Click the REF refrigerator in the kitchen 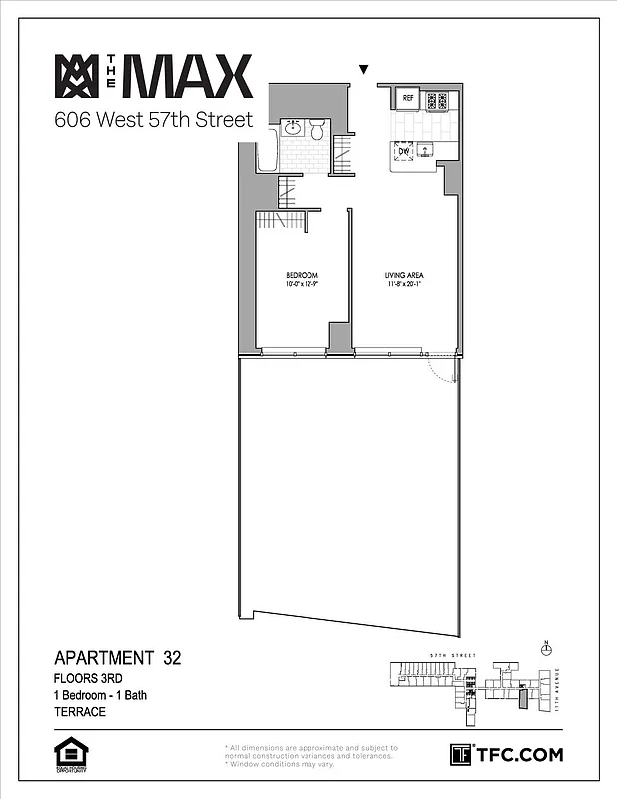coord(407,99)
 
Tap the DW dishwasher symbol coord(403,151)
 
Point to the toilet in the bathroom coord(316,129)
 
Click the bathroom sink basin coord(294,128)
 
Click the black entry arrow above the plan coord(364,70)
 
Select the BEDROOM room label coord(302,275)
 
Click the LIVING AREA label coord(405,275)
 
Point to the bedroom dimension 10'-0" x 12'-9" coord(302,285)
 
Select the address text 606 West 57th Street coord(154,122)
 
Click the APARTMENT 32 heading coord(117,658)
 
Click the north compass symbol coord(545,649)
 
